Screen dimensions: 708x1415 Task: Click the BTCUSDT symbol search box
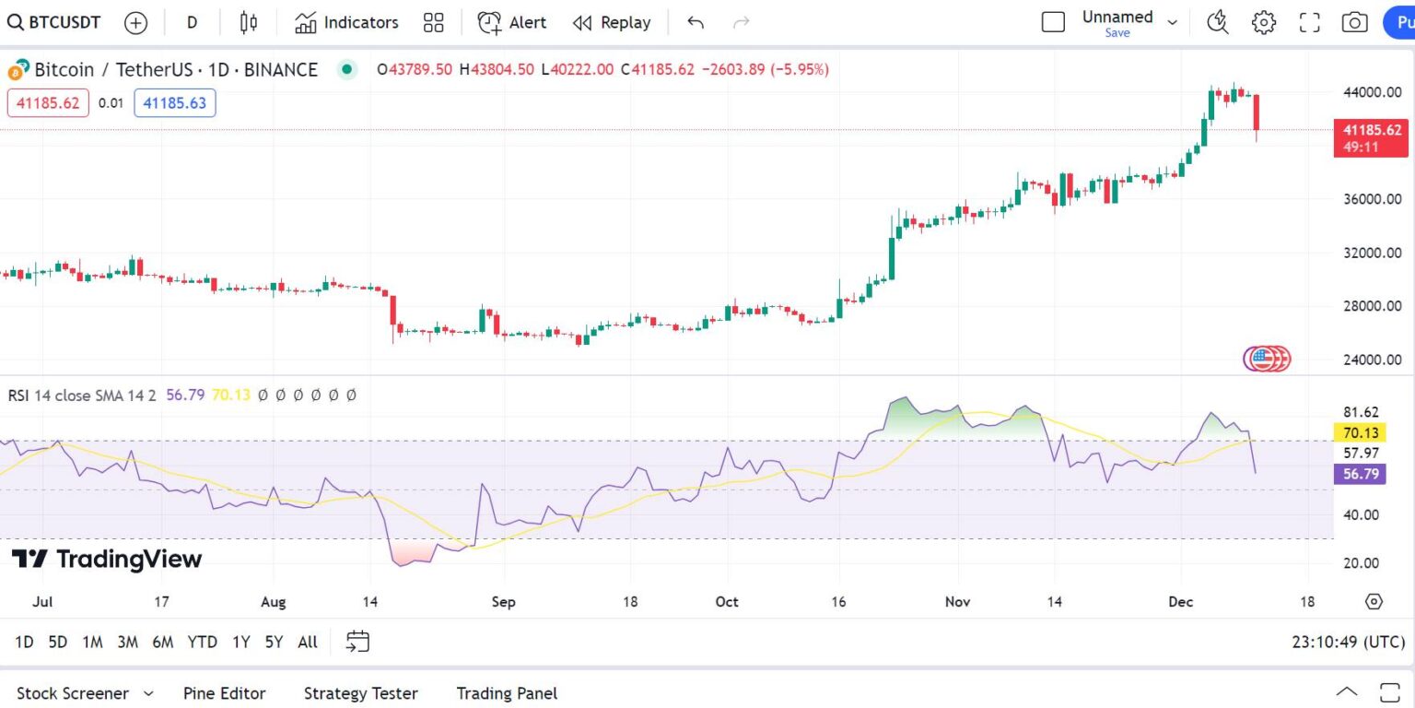point(54,23)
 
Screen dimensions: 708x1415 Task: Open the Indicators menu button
point(346,23)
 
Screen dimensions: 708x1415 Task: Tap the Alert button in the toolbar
point(512,23)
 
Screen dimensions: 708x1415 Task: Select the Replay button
point(611,23)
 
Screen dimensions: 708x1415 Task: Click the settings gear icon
point(1263,23)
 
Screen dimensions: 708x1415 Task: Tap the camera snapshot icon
point(1354,23)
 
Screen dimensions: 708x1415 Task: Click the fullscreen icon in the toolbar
point(1309,23)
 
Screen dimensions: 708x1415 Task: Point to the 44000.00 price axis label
point(1372,92)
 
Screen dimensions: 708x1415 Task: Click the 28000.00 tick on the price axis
point(1372,306)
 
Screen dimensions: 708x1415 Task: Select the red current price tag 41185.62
point(1371,130)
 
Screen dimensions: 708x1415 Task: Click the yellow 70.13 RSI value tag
point(1361,433)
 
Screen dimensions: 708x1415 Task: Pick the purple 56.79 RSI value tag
point(1361,474)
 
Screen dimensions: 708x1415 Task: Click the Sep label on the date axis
point(503,602)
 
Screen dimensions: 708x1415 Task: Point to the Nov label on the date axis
point(959,602)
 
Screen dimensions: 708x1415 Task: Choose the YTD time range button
point(202,642)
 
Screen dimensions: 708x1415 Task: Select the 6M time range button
point(162,642)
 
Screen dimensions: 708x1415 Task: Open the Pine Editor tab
point(224,693)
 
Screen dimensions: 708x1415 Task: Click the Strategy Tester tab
point(360,693)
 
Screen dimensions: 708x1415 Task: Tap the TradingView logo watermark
point(107,559)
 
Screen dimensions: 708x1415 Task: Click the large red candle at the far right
point(1256,112)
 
